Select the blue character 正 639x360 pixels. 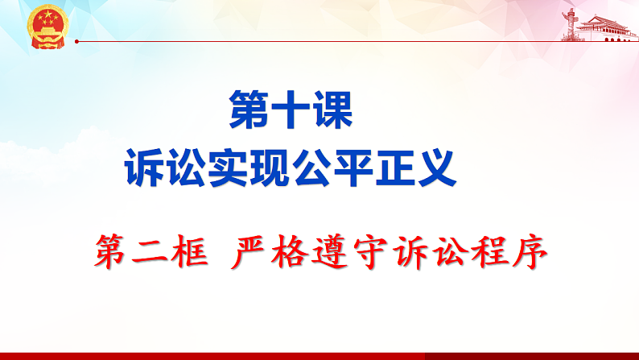(394, 167)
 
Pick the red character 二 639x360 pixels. (154, 252)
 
